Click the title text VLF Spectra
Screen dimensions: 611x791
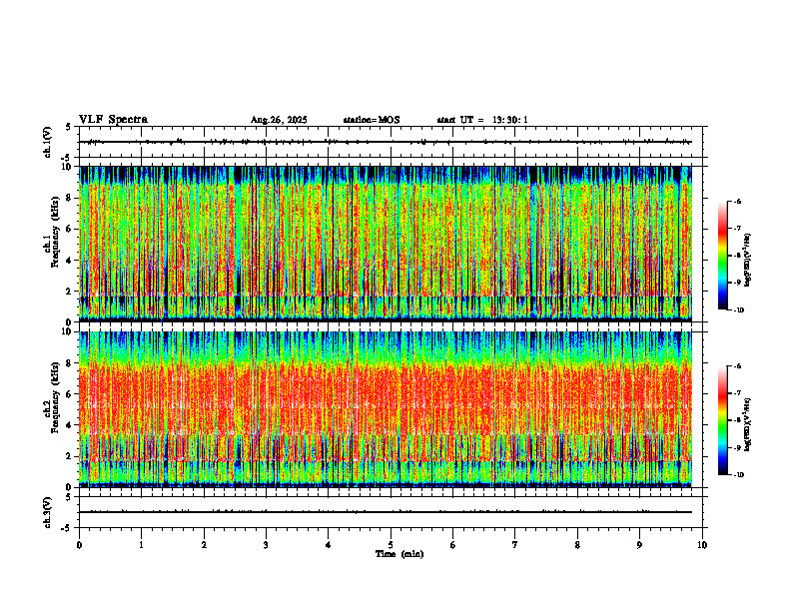tap(113, 120)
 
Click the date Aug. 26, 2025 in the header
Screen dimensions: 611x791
tap(279, 120)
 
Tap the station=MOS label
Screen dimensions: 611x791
tap(371, 120)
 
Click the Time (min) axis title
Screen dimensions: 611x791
tap(398, 554)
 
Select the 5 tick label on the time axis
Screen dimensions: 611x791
tap(391, 545)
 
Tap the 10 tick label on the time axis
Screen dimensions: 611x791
tap(702, 545)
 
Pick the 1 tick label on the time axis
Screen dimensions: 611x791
tap(141, 545)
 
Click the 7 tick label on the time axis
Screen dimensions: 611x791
tap(515, 545)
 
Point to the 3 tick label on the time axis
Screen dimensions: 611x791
tap(266, 545)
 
